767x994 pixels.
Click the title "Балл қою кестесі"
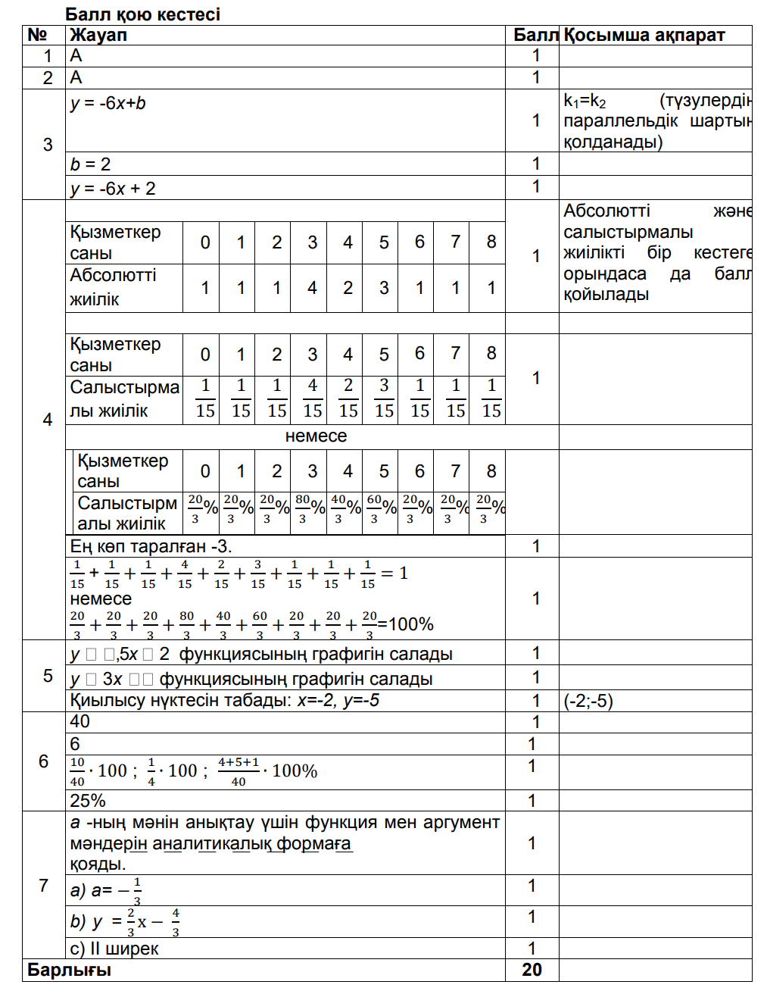click(x=142, y=14)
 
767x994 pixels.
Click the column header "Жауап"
click(x=98, y=35)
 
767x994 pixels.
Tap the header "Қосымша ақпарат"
click(x=644, y=35)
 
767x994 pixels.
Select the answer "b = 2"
click(x=91, y=164)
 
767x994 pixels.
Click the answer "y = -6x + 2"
click(x=113, y=189)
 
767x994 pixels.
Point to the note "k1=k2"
click(x=585, y=101)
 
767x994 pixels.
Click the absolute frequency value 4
click(x=312, y=288)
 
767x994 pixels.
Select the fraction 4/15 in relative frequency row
click(x=312, y=399)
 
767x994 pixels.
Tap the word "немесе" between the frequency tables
click(x=316, y=436)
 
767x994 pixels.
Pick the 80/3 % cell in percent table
click(x=309, y=508)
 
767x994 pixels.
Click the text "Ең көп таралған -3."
click(x=151, y=546)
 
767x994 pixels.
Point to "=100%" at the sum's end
click(x=406, y=624)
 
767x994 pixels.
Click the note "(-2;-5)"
click(x=588, y=701)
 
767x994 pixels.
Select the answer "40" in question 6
click(x=80, y=722)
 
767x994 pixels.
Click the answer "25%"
click(x=88, y=801)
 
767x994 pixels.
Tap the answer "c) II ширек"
click(x=114, y=949)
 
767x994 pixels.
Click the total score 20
click(x=532, y=971)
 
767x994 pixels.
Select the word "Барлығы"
click(x=69, y=971)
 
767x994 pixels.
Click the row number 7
click(x=44, y=885)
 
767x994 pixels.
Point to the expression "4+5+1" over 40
click(x=239, y=763)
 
